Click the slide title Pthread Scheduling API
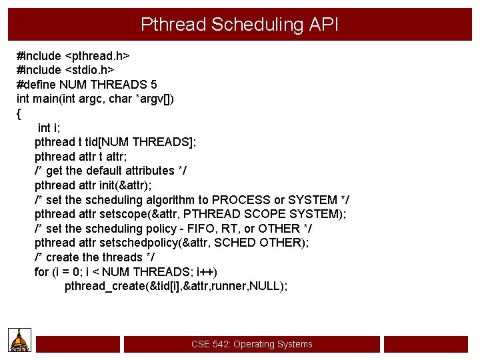pyautogui.click(x=239, y=25)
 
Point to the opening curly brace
pyautogui.click(x=18, y=113)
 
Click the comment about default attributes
pyautogui.click(x=110, y=171)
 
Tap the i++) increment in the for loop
pyautogui.click(x=205, y=272)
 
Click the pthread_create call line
pyautogui.click(x=176, y=286)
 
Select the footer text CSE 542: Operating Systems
pyautogui.click(x=251, y=344)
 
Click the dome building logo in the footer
pyautogui.click(x=20, y=341)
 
